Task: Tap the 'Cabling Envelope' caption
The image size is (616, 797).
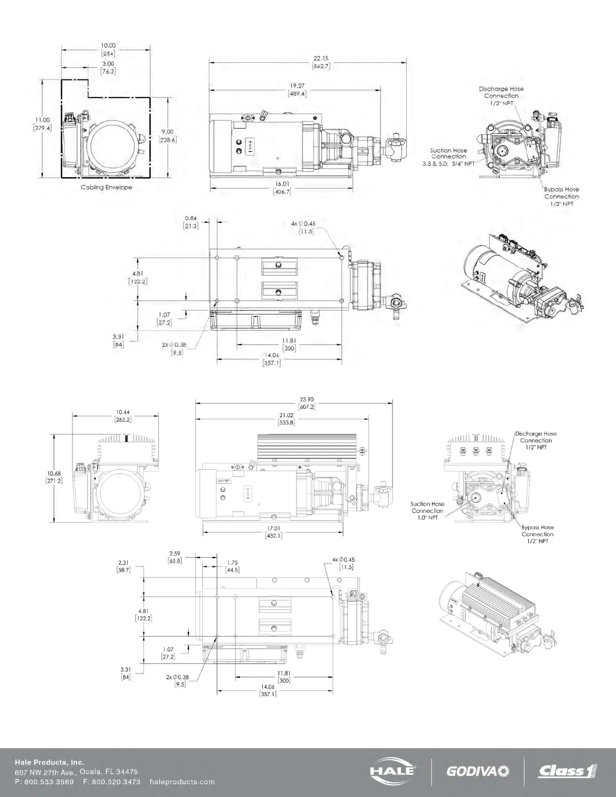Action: pos(107,187)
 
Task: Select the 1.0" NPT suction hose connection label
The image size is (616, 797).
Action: pos(427,511)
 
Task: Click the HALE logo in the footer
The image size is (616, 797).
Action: pos(393,770)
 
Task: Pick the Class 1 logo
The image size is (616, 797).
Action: pos(567,770)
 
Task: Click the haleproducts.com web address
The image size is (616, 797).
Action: pos(182,781)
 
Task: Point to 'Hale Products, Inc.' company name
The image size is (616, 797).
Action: pos(49,762)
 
